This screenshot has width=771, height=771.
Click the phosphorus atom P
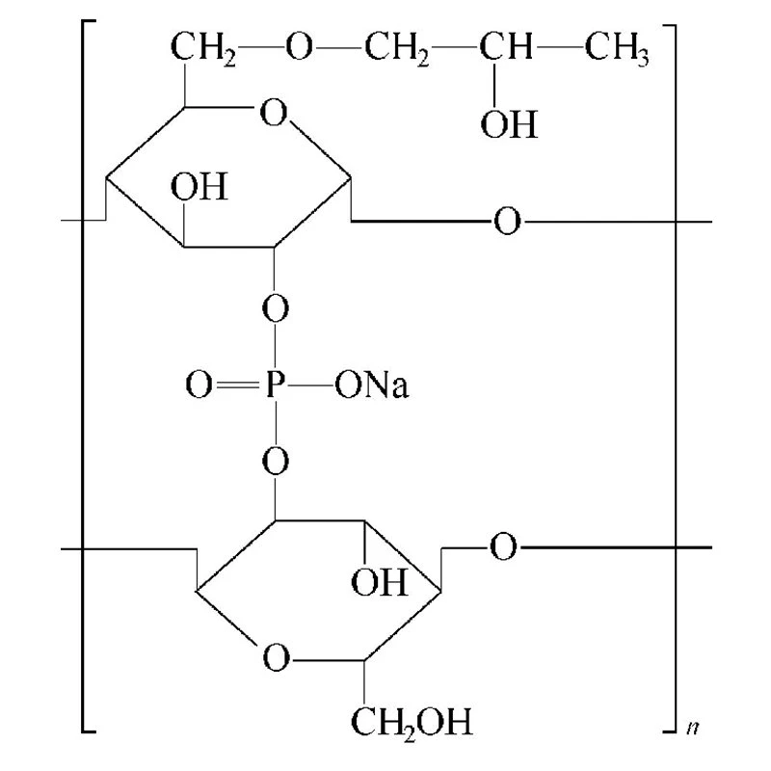[x=275, y=384]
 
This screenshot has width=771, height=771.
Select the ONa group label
[x=372, y=385]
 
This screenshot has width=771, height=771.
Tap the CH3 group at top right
[x=617, y=48]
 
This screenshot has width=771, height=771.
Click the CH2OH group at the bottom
[x=412, y=722]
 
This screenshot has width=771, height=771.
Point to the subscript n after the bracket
[x=693, y=728]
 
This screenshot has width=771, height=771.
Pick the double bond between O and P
[x=237, y=385]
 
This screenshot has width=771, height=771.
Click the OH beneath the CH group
[x=509, y=124]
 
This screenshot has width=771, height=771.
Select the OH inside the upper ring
[x=199, y=186]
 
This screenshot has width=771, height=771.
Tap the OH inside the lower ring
[x=379, y=582]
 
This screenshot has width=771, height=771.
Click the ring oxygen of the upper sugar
[x=274, y=112]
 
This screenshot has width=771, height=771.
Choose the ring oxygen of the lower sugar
[x=276, y=658]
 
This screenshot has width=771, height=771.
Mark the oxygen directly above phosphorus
[x=276, y=308]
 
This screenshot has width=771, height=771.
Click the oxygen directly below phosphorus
[x=276, y=462]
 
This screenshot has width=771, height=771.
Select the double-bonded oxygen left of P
[x=199, y=385]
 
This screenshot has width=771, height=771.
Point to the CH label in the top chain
[x=506, y=46]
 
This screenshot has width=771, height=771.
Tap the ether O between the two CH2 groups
[x=299, y=46]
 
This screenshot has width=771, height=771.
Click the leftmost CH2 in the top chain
[x=203, y=48]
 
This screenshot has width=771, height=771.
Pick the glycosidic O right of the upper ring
[x=507, y=222]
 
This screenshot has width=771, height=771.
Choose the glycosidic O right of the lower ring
[x=503, y=546]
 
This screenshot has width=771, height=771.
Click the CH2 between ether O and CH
[x=397, y=48]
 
